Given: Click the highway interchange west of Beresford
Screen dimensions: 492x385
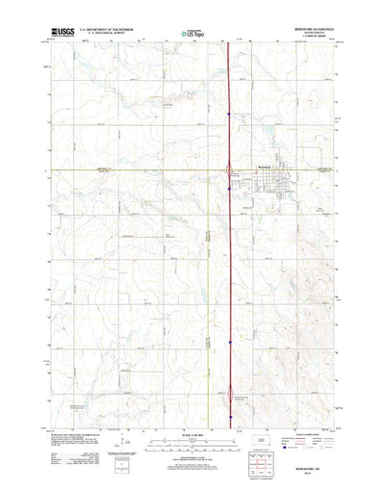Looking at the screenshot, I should click(228, 172).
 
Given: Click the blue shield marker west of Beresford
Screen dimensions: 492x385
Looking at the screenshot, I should click(228, 188).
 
